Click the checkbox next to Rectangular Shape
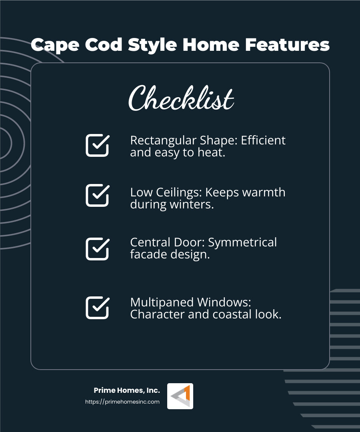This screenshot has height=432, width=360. (97, 145)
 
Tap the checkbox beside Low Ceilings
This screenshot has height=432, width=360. (97, 195)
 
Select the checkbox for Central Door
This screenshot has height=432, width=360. (97, 249)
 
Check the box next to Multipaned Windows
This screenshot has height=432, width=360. (97, 308)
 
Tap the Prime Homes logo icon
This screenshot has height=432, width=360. (180, 396)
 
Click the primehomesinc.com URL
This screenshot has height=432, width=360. (122, 402)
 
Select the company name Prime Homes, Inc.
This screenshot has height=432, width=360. (127, 390)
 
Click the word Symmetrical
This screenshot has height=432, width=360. (242, 242)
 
